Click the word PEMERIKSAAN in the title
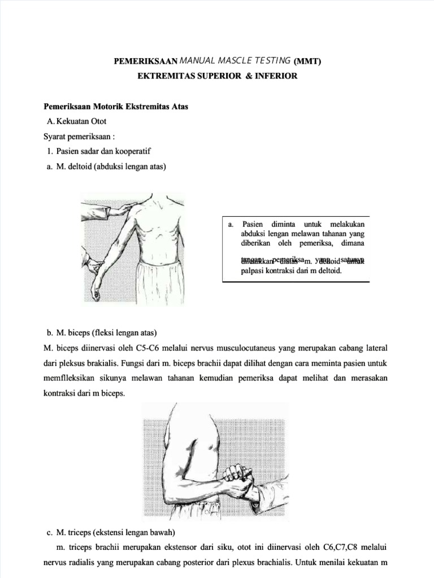pos(146,61)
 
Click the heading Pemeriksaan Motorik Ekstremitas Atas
pos(116,106)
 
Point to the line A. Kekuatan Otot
pos(77,121)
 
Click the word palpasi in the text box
pos(253,271)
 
